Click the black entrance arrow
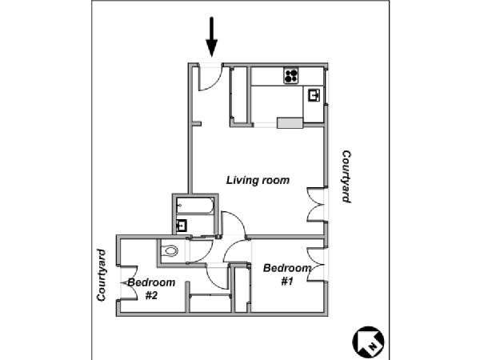tap(211, 37)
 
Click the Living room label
tap(258, 180)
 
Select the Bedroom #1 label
tap(287, 274)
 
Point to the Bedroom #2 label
tap(151, 289)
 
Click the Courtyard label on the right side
tap(346, 176)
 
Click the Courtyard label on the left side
tap(102, 275)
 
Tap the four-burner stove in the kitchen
tap(291, 76)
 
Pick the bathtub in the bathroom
tap(195, 206)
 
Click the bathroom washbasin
tap(182, 226)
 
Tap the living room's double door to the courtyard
tap(317, 204)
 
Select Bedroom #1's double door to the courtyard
tap(317, 264)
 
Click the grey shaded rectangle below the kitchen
tap(290, 122)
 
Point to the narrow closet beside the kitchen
tap(240, 94)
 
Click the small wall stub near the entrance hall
tap(197, 124)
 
